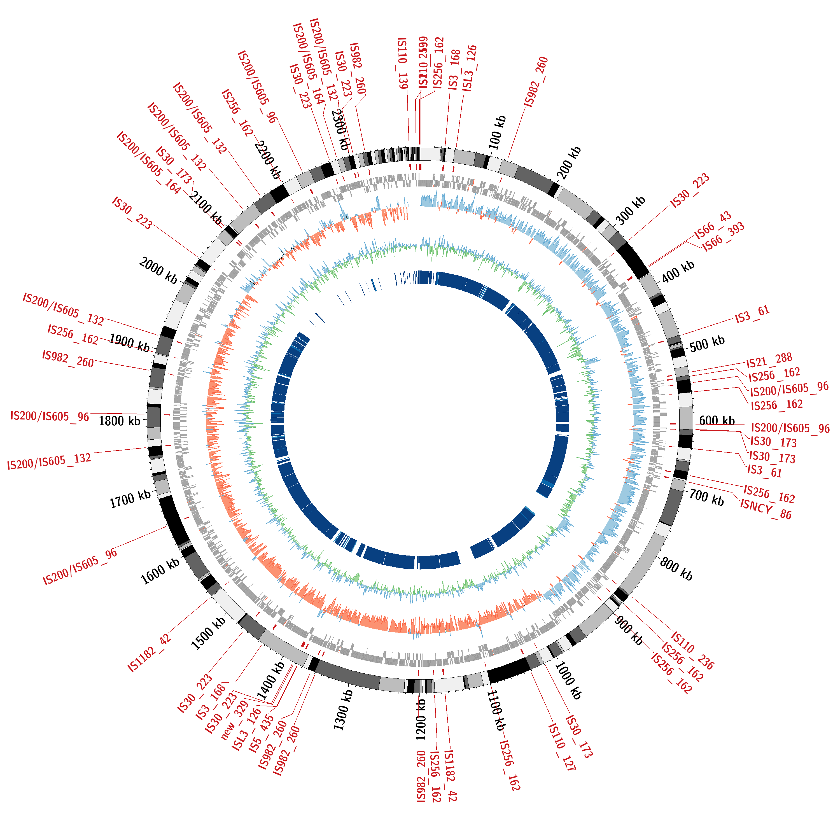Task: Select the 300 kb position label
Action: [x=631, y=211]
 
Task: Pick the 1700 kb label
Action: [x=130, y=499]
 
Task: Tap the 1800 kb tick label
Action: [x=120, y=421]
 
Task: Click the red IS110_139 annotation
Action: [x=403, y=63]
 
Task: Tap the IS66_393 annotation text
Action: [x=724, y=237]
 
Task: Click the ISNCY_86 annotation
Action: [x=766, y=509]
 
